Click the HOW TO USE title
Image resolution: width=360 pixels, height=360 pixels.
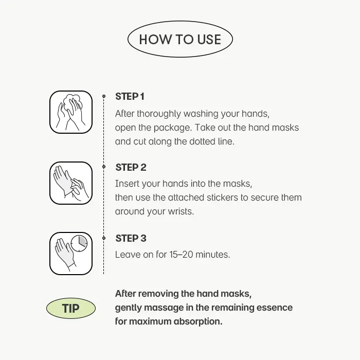point(180,39)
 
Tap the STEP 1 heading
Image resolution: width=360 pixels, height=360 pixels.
point(130,97)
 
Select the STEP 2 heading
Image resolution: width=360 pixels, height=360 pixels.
point(131,167)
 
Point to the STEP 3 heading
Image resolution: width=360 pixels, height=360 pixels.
point(131,238)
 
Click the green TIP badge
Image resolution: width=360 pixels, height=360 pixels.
point(71,308)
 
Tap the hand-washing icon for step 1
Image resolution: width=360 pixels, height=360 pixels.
point(71,112)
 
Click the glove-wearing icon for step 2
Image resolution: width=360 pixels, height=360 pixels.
point(71,183)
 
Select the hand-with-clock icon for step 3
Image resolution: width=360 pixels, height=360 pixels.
point(71,254)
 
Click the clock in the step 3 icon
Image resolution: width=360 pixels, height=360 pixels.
point(79,243)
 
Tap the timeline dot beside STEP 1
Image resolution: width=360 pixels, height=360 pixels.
point(104,96)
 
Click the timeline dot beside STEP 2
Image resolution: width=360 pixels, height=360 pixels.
point(104,167)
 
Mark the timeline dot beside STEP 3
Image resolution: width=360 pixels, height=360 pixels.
point(104,238)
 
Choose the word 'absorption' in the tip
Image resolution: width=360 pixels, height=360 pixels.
point(198,321)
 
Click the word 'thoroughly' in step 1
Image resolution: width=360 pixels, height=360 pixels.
point(159,114)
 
